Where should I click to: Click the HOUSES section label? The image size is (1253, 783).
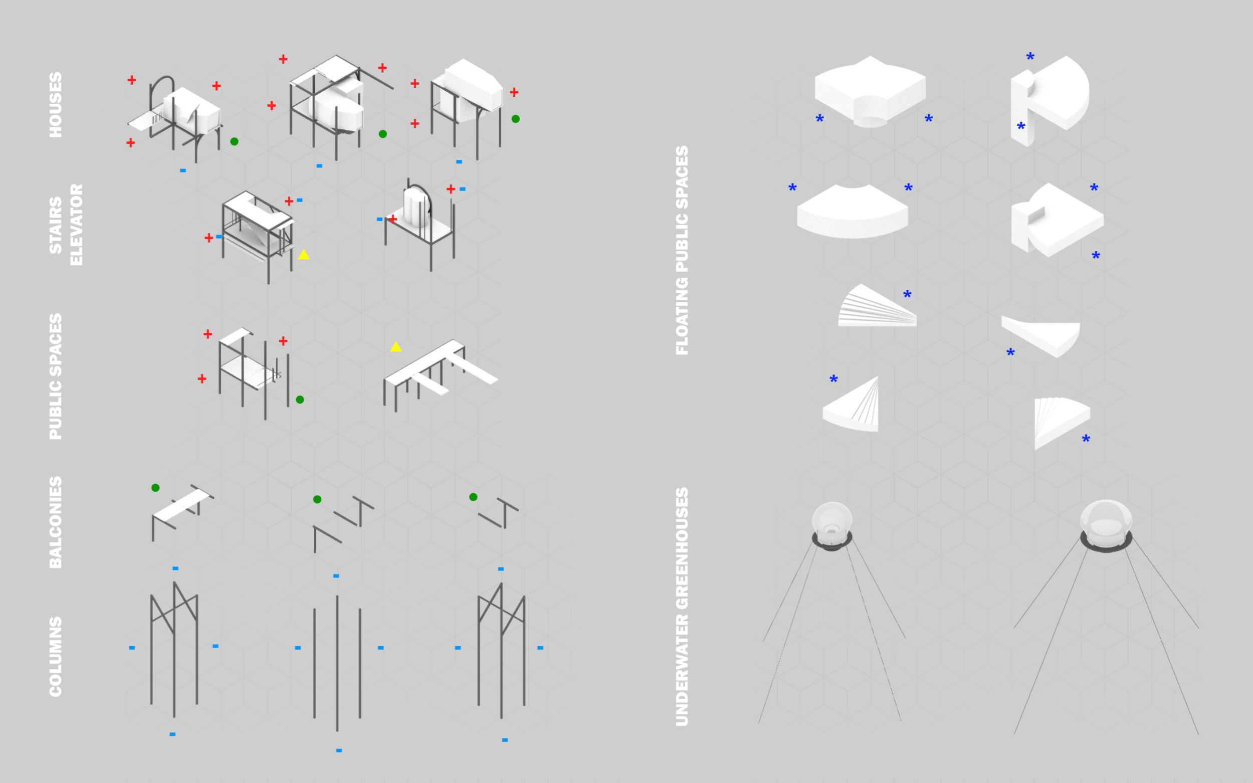(x=56, y=105)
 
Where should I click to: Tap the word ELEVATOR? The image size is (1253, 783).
(x=76, y=225)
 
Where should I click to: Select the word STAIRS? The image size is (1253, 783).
(x=56, y=225)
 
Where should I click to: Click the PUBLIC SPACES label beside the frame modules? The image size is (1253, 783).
(x=56, y=376)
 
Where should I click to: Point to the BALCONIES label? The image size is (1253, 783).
(x=56, y=522)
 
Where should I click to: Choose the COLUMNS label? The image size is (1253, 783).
(x=56, y=656)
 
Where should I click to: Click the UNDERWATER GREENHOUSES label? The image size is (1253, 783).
(x=682, y=607)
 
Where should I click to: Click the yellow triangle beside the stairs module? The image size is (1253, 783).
(x=304, y=255)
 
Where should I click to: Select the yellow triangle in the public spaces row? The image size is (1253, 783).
(x=395, y=347)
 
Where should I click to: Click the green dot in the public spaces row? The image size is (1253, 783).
(x=300, y=399)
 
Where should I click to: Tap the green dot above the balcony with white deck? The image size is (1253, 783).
(x=155, y=487)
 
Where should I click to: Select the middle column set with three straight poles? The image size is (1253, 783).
(x=337, y=663)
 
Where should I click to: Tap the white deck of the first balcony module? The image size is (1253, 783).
(x=181, y=505)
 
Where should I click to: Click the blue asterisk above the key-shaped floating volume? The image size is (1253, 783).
(x=1030, y=57)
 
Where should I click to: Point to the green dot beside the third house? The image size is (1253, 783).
(x=515, y=119)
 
